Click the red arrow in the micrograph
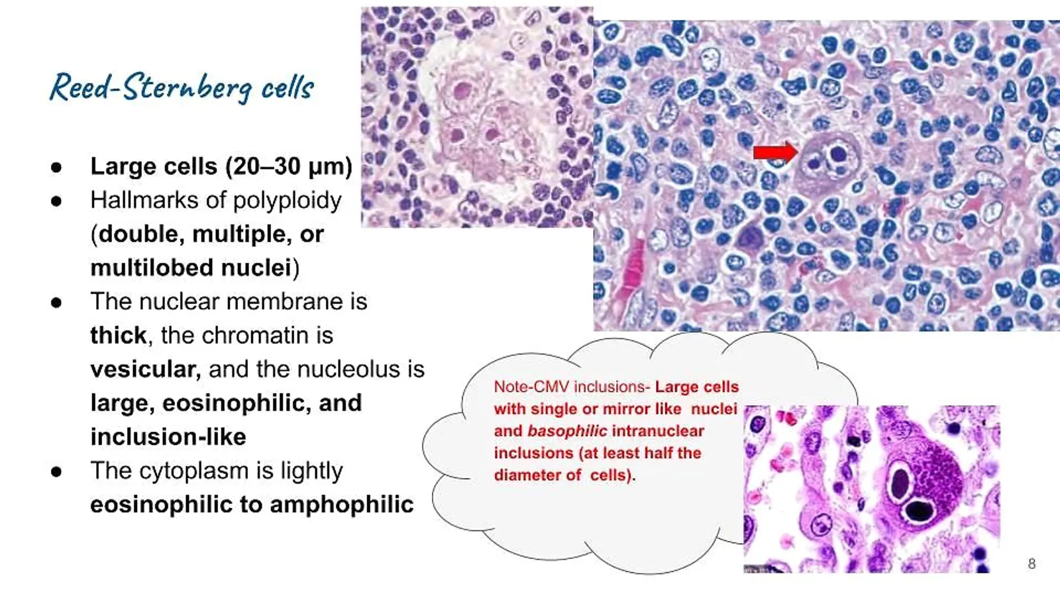tap(775, 152)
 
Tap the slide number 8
tap(1032, 564)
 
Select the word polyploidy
tap(288, 201)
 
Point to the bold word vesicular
tap(146, 369)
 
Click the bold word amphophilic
tap(342, 504)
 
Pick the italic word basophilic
tap(567, 431)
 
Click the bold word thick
tap(119, 335)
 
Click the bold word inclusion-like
tap(168, 436)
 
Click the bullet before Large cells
tap(56, 168)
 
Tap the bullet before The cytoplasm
tap(56, 472)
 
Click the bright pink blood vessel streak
tap(634, 265)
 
